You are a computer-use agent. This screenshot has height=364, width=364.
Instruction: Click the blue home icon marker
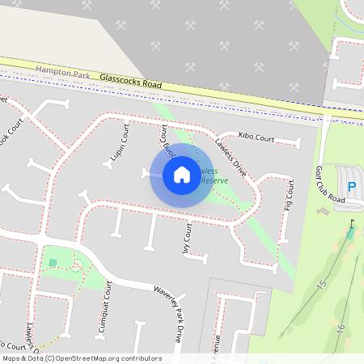[x=181, y=174]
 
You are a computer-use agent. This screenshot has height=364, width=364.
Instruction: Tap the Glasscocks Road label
[x=131, y=81]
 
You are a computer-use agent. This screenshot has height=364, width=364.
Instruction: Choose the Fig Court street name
[x=289, y=195]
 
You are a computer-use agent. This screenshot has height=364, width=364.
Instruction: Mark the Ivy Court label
[x=186, y=239]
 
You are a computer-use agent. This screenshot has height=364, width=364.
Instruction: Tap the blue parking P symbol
[x=351, y=188]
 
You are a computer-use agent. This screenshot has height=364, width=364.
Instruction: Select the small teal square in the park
[x=53, y=262]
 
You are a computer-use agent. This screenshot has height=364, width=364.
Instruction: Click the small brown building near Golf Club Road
[x=324, y=211]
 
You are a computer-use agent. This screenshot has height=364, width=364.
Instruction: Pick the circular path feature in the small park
[x=77, y=265]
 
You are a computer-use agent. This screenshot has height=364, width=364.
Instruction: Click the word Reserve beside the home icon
[x=214, y=180]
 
